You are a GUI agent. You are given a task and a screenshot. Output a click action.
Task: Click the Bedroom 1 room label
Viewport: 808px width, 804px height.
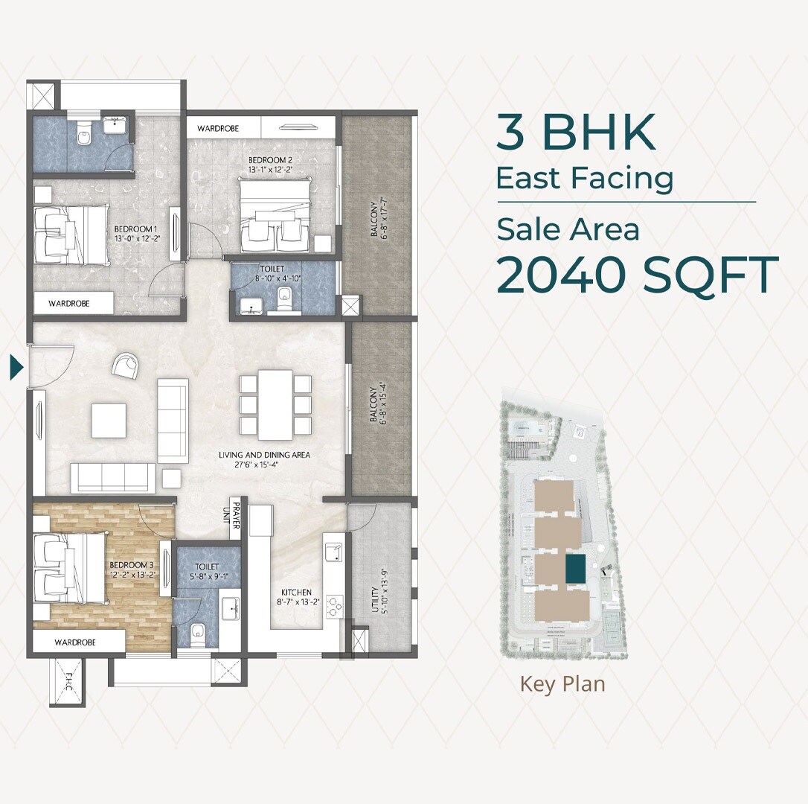pos(135,234)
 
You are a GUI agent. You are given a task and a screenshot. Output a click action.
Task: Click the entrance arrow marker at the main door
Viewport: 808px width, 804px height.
pos(16,367)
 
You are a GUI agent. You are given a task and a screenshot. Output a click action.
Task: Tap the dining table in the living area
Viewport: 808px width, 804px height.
pos(275,404)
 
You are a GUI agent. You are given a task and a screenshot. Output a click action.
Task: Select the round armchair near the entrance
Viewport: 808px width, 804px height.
pos(124,366)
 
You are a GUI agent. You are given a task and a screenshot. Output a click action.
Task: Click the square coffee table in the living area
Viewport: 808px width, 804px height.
pos(109,420)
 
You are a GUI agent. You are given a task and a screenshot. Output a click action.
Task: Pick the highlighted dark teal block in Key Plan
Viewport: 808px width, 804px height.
pos(575,569)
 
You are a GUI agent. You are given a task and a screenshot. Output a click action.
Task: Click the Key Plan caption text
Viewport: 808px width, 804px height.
pos(562,683)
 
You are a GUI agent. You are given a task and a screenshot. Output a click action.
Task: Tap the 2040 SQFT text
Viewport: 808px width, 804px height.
pos(637,274)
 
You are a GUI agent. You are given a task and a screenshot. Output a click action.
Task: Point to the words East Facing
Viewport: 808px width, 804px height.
pos(585,179)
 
